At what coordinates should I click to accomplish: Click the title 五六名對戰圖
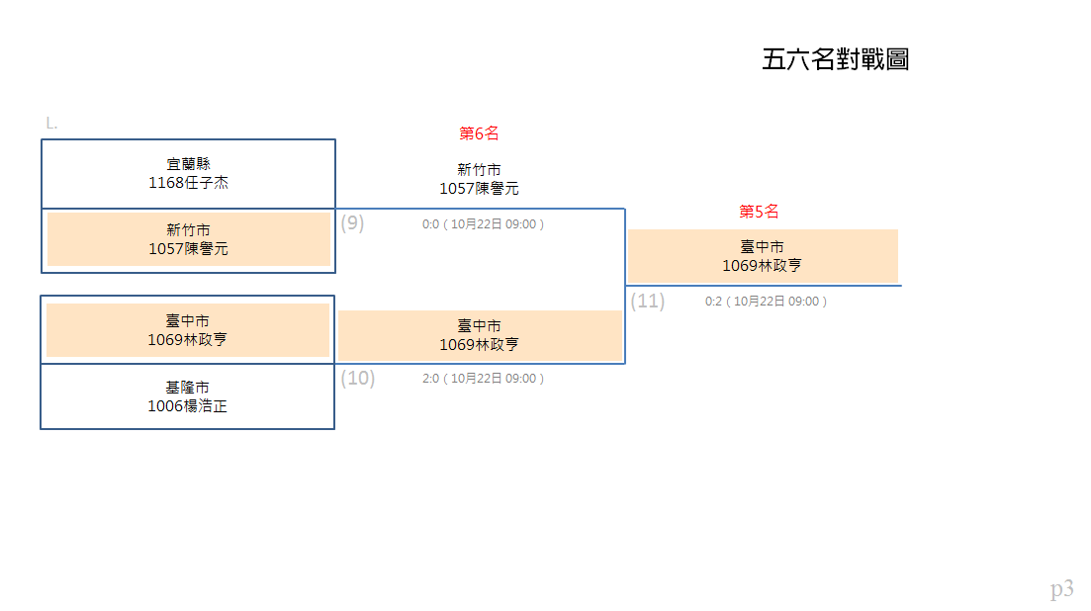pyautogui.click(x=835, y=59)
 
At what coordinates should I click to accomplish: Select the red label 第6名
pyautogui.click(x=479, y=132)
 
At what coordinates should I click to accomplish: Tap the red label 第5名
pyautogui.click(x=759, y=212)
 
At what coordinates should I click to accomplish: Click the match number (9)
pyautogui.click(x=352, y=223)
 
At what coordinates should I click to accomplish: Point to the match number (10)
pyautogui.click(x=358, y=378)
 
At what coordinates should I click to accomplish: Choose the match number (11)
pyautogui.click(x=648, y=301)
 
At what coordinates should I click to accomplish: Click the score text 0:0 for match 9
pyautogui.click(x=430, y=224)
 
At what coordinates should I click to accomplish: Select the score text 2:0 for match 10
pyautogui.click(x=430, y=379)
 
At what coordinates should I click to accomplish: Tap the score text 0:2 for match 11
pyautogui.click(x=713, y=302)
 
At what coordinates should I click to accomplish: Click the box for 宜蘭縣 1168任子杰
pyautogui.click(x=188, y=174)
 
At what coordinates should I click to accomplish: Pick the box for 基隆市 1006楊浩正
pyautogui.click(x=187, y=396)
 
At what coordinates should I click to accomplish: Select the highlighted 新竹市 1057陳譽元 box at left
pyautogui.click(x=189, y=239)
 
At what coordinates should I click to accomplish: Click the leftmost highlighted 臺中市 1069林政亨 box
pyautogui.click(x=188, y=330)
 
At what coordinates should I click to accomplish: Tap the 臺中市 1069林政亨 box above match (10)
pyautogui.click(x=480, y=335)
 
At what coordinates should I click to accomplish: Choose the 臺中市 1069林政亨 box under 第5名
pyautogui.click(x=763, y=256)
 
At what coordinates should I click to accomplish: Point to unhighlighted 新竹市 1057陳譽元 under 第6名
pyautogui.click(x=479, y=179)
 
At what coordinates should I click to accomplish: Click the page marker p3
pyautogui.click(x=1061, y=589)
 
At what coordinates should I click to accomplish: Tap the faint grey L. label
pyautogui.click(x=51, y=124)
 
